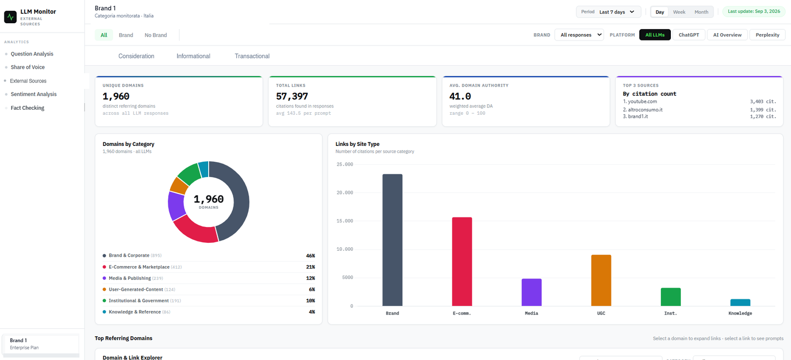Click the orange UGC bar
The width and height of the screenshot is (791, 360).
[601, 280]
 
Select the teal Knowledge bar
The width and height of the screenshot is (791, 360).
[740, 303]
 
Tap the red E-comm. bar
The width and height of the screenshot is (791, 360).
[462, 262]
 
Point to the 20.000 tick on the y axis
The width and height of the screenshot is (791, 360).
[345, 192]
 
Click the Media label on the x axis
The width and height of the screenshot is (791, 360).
[531, 314]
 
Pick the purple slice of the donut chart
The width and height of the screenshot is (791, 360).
[176, 206]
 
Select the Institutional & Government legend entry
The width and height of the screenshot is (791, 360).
[141, 301]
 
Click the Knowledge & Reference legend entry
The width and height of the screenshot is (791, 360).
[136, 312]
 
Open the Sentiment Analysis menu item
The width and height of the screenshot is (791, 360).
[34, 94]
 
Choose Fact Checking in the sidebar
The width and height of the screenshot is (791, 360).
[28, 108]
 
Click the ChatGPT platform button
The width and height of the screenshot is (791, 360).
[689, 35]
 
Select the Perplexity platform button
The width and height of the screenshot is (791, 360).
[767, 35]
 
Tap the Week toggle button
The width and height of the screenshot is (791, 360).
[679, 12]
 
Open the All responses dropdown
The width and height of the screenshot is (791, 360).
[579, 35]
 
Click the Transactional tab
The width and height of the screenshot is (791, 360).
[252, 56]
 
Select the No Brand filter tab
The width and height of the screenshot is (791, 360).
[156, 35]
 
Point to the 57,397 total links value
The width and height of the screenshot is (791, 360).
[292, 96]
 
